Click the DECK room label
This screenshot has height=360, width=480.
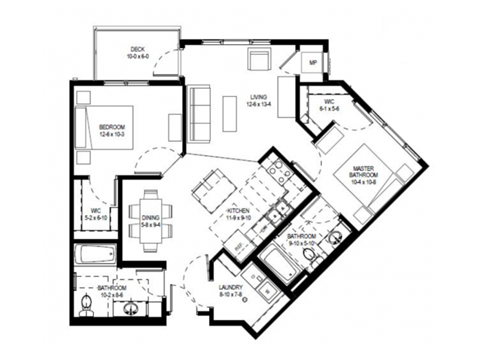tap(136, 52)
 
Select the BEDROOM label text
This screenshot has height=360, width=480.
tap(111, 129)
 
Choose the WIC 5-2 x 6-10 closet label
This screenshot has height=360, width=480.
tap(93, 213)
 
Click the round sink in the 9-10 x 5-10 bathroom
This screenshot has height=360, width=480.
tap(335, 237)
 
